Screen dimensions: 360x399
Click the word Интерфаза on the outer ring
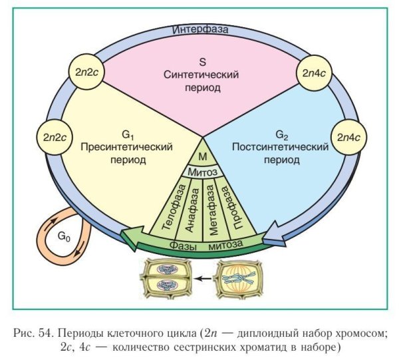click(x=200, y=31)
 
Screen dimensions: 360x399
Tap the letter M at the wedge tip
click(x=203, y=156)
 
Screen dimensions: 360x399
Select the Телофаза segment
click(x=166, y=207)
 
